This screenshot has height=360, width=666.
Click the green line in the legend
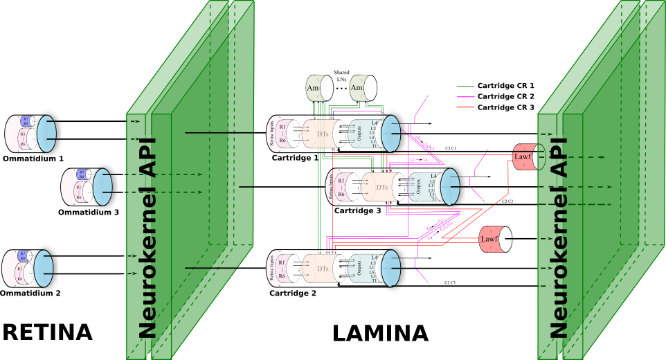coord(465,87)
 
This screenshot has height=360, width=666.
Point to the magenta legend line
coord(465,97)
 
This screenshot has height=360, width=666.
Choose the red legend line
coord(465,107)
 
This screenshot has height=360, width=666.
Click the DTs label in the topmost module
coord(323,134)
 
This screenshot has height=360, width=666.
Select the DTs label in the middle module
coord(381,187)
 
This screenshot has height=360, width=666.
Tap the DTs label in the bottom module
coord(323,269)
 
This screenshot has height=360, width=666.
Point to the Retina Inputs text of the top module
coord(271,134)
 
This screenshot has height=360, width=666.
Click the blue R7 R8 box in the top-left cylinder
coord(25,120)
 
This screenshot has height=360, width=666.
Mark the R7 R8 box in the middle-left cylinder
coord(82,174)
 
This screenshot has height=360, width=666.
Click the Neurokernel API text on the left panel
coord(147,239)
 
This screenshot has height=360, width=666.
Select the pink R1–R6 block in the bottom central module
coord(282,269)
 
